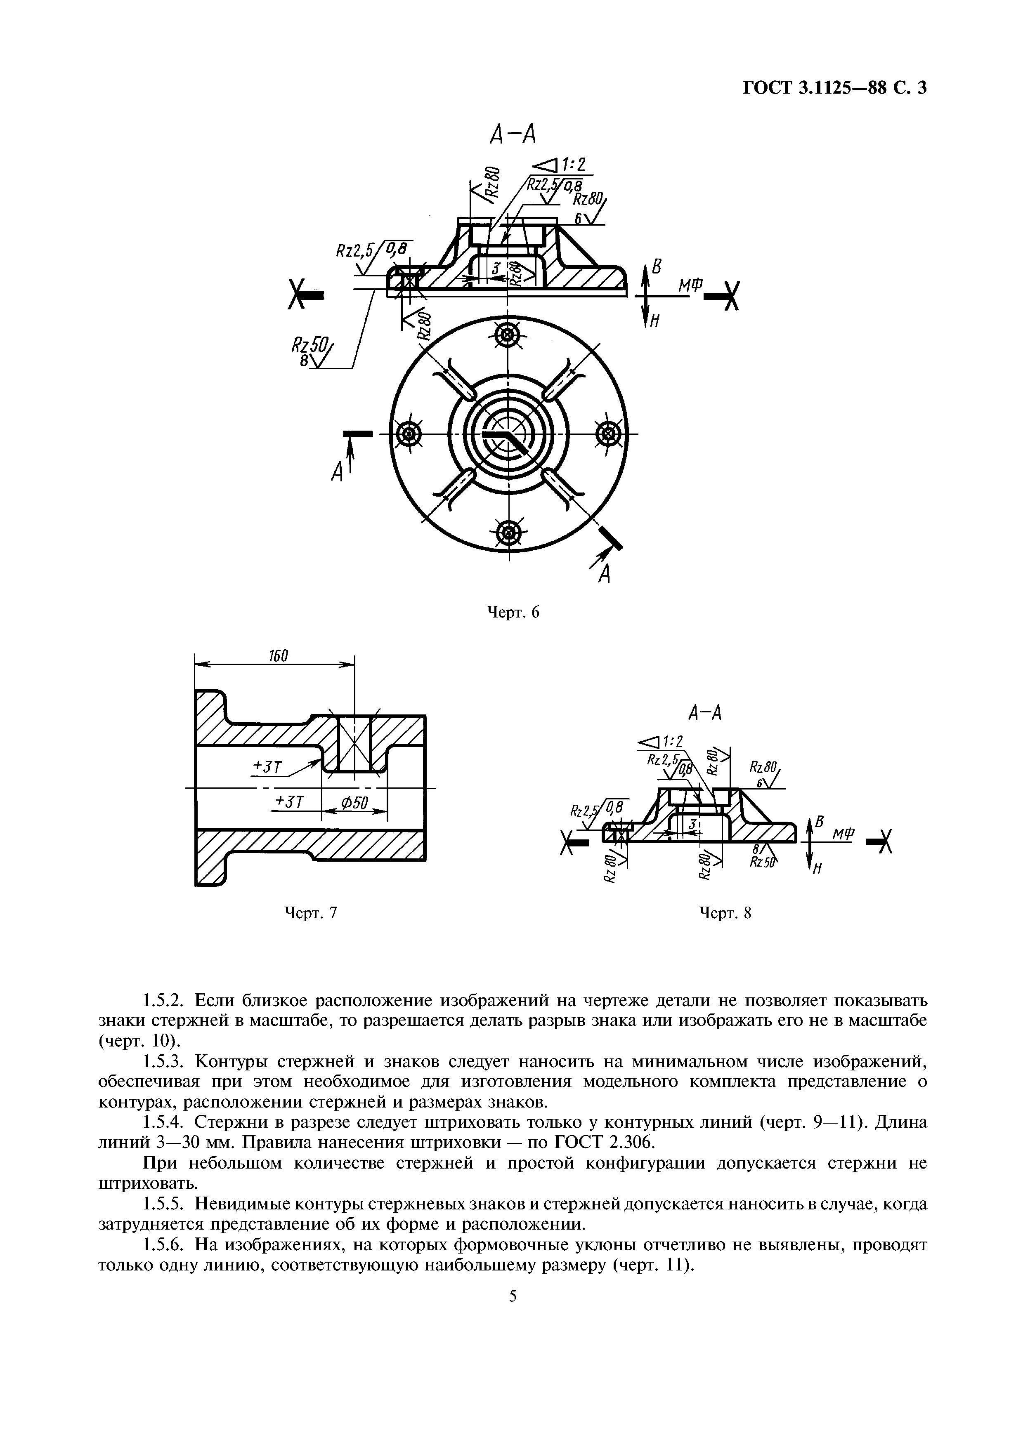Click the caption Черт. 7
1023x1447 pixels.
click(311, 912)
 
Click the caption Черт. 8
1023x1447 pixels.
click(725, 912)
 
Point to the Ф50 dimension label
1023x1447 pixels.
click(354, 803)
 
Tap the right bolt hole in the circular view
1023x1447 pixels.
click(607, 434)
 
